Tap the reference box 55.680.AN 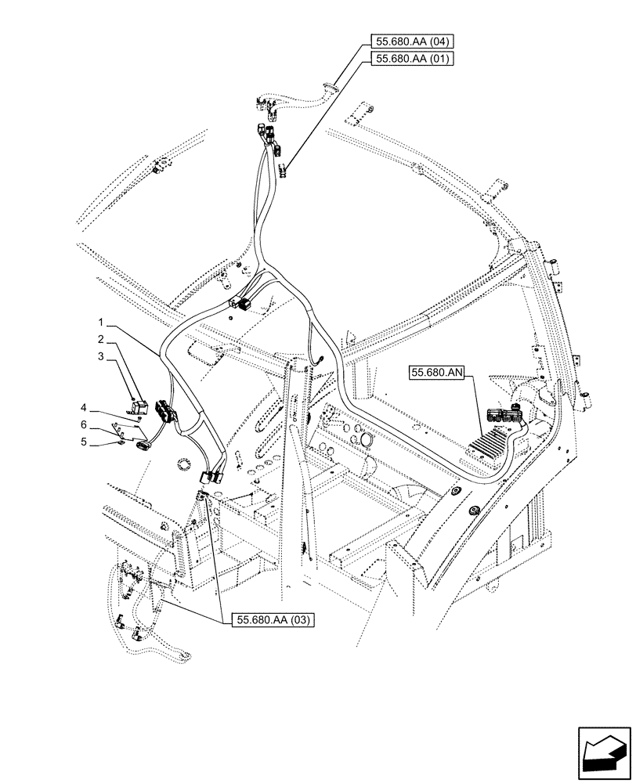[x=436, y=374]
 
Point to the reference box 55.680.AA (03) [x=273, y=620]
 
